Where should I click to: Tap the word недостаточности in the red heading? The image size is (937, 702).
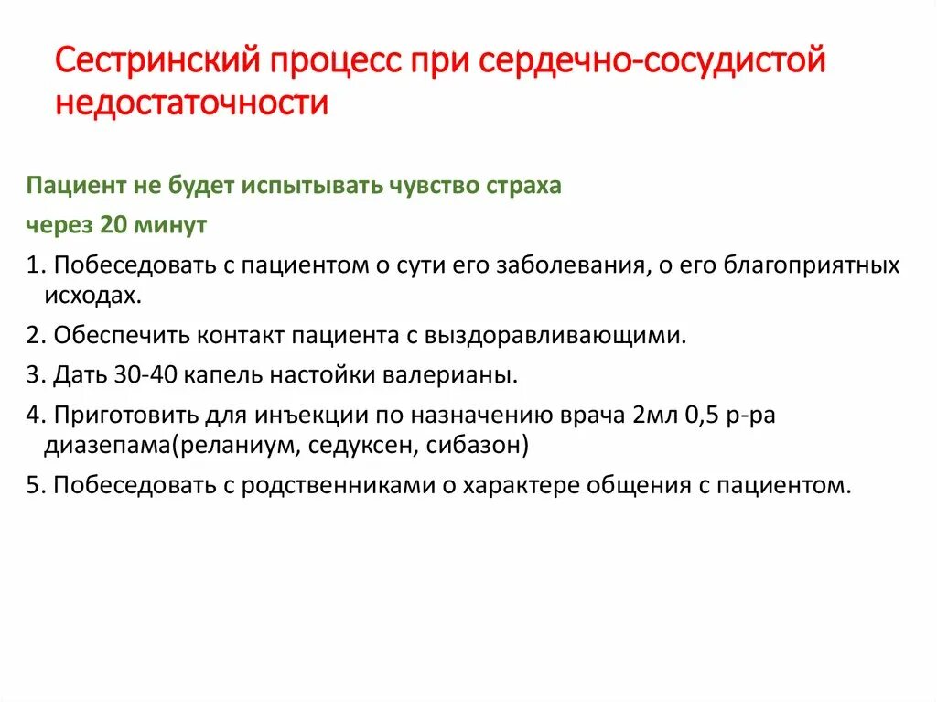click(191, 103)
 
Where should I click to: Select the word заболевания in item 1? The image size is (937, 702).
click(569, 265)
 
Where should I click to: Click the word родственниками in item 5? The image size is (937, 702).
click(336, 485)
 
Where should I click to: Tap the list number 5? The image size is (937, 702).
click(33, 485)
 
